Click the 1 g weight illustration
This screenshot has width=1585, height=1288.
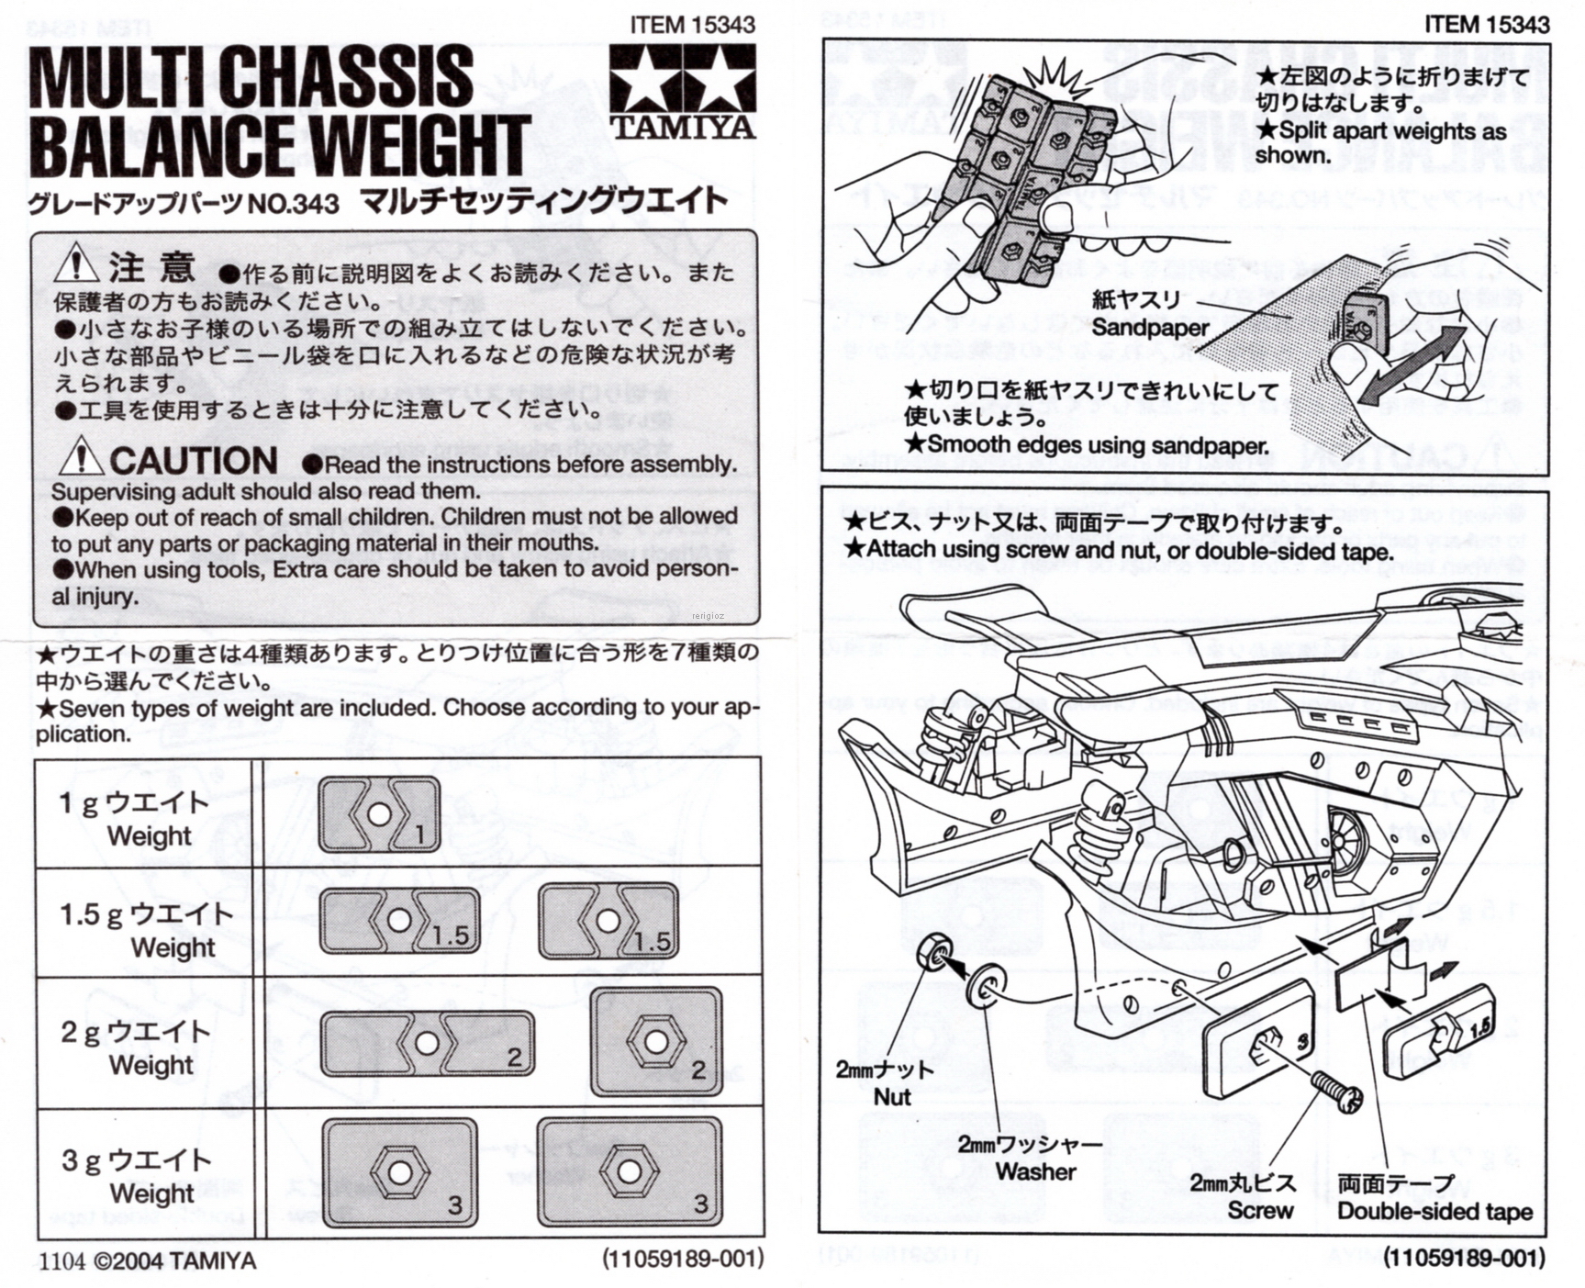click(379, 814)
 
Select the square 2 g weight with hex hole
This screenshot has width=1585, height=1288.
click(655, 1042)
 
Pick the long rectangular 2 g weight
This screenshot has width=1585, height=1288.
click(427, 1044)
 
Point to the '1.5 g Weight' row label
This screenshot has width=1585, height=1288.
click(148, 929)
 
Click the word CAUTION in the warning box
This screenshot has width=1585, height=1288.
click(194, 461)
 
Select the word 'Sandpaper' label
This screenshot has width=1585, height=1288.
click(1150, 328)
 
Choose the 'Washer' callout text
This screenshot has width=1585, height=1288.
click(1035, 1171)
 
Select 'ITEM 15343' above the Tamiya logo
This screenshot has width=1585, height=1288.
click(692, 25)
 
